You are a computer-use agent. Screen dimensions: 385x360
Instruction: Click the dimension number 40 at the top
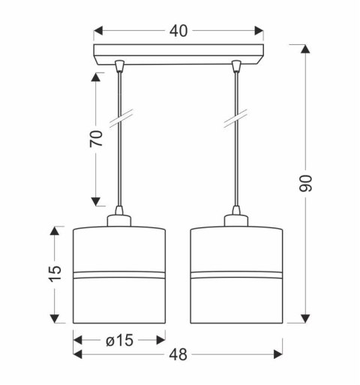pyautogui.click(x=178, y=31)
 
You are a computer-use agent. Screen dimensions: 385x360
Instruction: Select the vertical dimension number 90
pyautogui.click(x=305, y=185)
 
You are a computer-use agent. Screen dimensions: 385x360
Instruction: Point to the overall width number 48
pyautogui.click(x=178, y=352)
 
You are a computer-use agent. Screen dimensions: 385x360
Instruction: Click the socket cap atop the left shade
pyautogui.click(x=119, y=218)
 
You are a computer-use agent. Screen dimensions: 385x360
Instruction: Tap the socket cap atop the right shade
pyautogui.click(x=238, y=218)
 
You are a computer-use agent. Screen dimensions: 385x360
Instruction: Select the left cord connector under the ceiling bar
pyautogui.click(x=120, y=68)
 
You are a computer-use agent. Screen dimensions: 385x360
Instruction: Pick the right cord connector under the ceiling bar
pyautogui.click(x=237, y=68)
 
